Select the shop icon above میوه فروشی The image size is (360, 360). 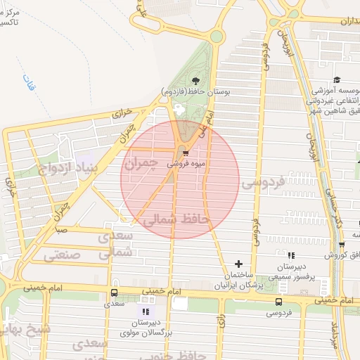pos(185,153)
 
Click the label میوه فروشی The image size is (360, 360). pos(186,163)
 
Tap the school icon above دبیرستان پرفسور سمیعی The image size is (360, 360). pos(291,255)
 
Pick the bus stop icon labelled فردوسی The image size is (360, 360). pos(279,302)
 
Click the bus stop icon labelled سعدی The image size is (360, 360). pos(114,293)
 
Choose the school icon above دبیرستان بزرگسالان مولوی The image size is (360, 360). pos(146,311)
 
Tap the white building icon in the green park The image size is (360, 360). pos(178,110)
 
